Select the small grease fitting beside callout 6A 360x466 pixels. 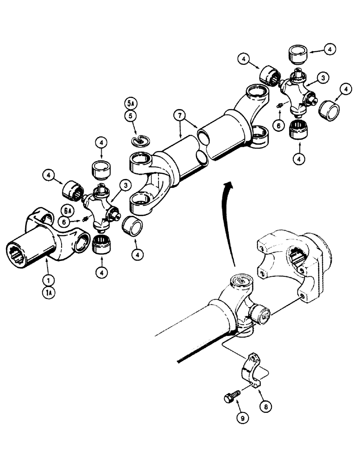tap(85, 219)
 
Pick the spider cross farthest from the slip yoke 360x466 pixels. tap(297, 93)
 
